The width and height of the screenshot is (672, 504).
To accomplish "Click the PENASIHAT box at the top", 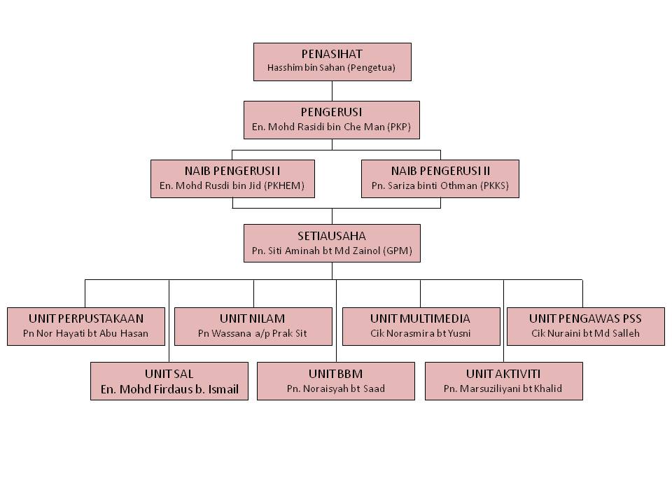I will pos(332,62).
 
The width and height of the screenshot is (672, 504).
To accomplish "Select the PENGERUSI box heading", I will pos(332,112).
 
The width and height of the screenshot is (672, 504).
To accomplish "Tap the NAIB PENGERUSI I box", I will pos(232,178).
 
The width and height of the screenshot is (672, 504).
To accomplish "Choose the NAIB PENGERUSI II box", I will pos(440,178).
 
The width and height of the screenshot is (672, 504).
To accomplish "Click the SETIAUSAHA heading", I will pos(332,236).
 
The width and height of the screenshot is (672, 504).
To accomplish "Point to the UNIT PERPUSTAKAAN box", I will pos(86,325).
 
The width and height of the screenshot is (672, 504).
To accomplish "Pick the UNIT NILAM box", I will pos(253,325).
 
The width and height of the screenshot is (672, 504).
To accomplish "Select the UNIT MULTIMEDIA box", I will pos(421,325).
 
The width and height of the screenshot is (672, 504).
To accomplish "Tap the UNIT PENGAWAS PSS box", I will pos(585,325).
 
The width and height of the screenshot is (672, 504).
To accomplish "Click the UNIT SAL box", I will pos(169,381).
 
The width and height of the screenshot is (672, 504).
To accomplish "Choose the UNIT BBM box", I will pos(336,381).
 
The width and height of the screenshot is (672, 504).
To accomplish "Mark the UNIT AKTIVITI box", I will pos(503,381).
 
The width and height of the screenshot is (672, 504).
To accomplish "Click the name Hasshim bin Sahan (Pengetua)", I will pos(332,69).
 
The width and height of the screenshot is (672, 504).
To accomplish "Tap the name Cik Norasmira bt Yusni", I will pos(421,334).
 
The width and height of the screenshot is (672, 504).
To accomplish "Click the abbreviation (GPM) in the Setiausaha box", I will pos(398,251).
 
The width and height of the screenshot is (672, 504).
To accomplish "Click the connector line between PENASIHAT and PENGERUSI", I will pos(332,91).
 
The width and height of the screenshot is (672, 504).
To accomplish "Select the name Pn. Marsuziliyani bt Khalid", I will pos(503,389).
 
